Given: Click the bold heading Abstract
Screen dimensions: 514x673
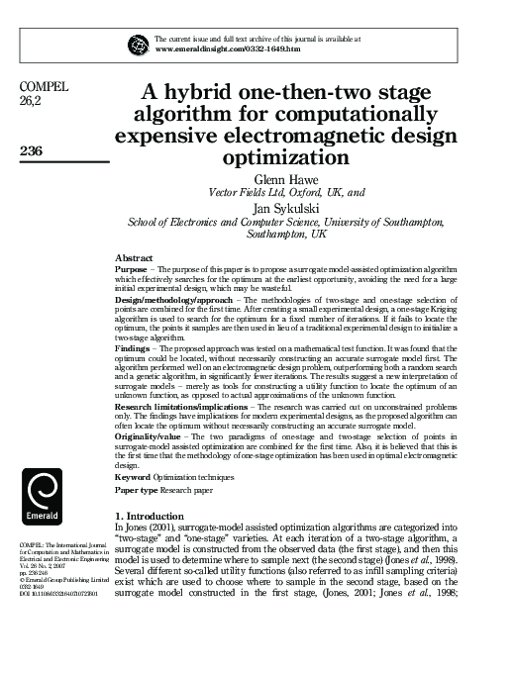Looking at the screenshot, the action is pyautogui.click(x=136, y=256).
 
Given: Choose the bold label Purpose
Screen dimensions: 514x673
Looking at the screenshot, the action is pyautogui.click(x=133, y=268).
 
